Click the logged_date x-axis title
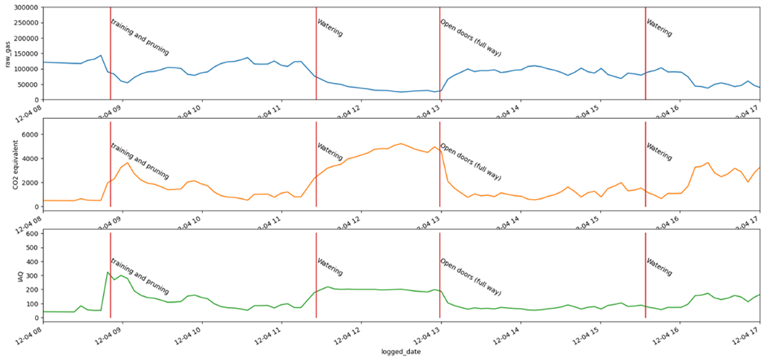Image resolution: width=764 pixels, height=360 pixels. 401,352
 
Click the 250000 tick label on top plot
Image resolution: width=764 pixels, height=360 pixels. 26,23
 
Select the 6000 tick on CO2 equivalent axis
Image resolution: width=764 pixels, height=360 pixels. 30,134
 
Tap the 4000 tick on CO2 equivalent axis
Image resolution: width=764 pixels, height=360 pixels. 30,158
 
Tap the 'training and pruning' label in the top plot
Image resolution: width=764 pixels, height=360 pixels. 139,37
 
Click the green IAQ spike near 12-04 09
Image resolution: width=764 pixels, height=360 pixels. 107,272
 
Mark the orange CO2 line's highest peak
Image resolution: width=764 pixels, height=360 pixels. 401,144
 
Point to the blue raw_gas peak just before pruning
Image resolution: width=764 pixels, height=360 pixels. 101,55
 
